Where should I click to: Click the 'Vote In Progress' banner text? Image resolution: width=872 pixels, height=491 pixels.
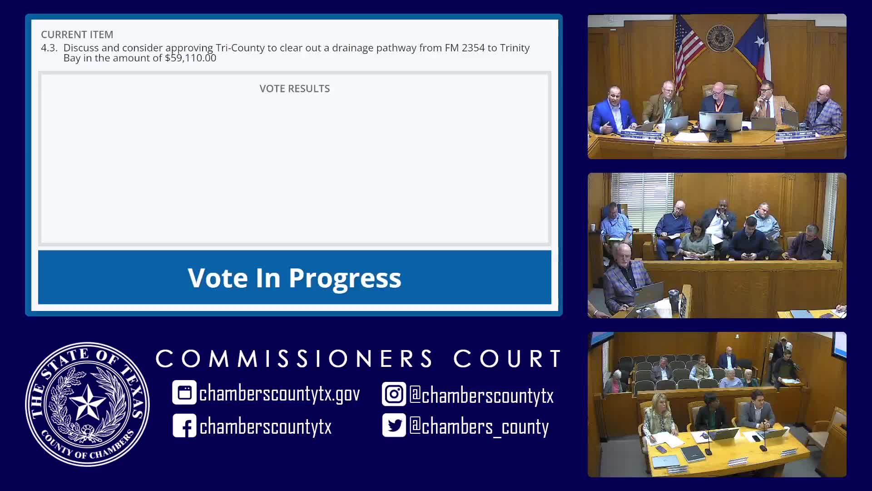tap(294, 278)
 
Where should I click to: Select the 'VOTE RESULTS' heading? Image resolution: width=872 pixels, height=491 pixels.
tap(294, 89)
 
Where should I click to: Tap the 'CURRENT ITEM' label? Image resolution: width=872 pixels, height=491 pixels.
tap(77, 35)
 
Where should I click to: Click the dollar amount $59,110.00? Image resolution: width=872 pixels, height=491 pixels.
tap(190, 58)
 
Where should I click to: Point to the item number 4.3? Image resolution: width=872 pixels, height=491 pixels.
tap(49, 48)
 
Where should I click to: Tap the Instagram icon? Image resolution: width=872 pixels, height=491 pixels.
tap(393, 394)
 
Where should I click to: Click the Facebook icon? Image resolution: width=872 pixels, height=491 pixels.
tap(184, 426)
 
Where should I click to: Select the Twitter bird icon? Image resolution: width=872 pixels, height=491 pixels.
tap(393, 426)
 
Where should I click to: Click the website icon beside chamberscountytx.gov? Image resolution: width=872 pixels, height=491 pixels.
tap(184, 393)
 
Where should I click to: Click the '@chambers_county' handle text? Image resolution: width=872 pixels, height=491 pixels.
tap(479, 426)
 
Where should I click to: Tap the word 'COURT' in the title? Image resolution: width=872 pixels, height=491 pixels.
tap(508, 359)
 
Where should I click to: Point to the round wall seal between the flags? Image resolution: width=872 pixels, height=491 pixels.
tap(720, 37)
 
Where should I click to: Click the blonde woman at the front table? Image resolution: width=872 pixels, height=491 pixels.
tap(657, 416)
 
